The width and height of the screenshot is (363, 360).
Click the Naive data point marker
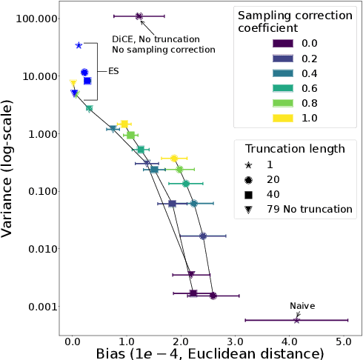(296, 320)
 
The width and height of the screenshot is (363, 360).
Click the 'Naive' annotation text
(302, 305)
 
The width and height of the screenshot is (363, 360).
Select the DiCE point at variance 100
(139, 16)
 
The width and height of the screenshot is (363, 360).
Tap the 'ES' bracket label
(114, 72)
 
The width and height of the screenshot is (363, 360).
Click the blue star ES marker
(79, 45)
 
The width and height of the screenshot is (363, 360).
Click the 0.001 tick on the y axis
(41, 307)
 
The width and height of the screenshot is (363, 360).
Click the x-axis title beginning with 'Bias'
(210, 354)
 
